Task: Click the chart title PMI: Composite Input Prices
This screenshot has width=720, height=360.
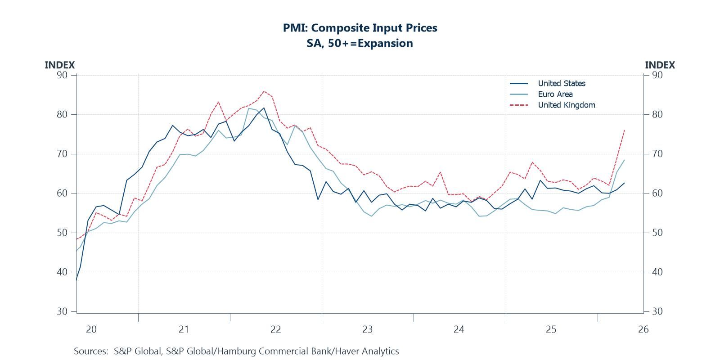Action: pos(360,28)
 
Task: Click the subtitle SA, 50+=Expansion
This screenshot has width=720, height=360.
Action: pos(360,43)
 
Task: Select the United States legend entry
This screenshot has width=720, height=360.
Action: pos(561,83)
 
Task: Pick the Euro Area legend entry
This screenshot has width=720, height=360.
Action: pos(555,94)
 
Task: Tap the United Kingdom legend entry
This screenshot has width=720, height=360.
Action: pos(566,105)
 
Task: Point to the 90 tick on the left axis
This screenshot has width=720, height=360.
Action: pos(62,75)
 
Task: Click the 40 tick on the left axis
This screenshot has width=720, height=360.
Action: pos(62,272)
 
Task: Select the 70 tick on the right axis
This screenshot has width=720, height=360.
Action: pos(657,154)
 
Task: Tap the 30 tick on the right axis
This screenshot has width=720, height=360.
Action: pos(657,311)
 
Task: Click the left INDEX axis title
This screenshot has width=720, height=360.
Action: pos(59,65)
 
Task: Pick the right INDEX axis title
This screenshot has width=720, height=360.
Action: pos(660,65)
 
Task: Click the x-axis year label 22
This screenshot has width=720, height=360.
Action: pos(275,329)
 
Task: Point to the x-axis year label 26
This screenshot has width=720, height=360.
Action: pos(643,329)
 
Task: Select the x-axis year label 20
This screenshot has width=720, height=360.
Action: pos(91,329)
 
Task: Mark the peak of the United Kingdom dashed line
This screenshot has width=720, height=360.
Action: pos(264,91)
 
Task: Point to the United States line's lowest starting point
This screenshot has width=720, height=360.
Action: pos(76,279)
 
